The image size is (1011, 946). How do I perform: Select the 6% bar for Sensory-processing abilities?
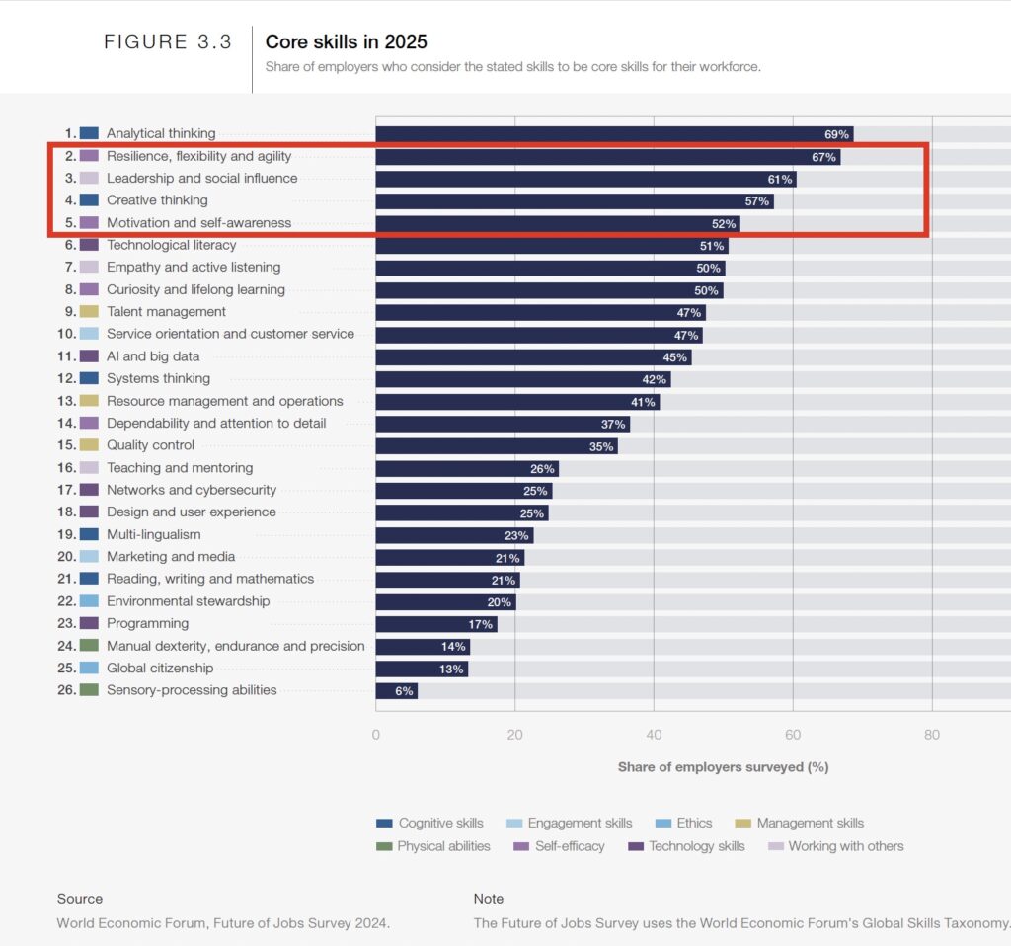(396, 691)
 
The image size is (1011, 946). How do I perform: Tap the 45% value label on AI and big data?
(674, 357)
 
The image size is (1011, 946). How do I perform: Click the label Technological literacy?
(171, 245)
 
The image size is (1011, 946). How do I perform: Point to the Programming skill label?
(147, 623)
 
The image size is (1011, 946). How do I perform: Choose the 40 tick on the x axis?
(654, 734)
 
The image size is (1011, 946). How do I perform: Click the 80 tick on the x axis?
(932, 734)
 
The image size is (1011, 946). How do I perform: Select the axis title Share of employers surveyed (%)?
(723, 766)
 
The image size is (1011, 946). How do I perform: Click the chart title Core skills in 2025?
(346, 42)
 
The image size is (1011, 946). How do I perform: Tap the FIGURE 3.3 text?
(168, 42)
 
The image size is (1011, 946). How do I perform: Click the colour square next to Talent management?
(89, 312)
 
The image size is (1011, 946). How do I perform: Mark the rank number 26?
(66, 690)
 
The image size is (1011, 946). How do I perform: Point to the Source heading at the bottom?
(79, 899)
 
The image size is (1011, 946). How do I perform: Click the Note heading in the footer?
(489, 899)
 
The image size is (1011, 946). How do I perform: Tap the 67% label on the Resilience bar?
(823, 157)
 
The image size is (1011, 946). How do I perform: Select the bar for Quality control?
(497, 446)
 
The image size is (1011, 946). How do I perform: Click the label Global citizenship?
(160, 669)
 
